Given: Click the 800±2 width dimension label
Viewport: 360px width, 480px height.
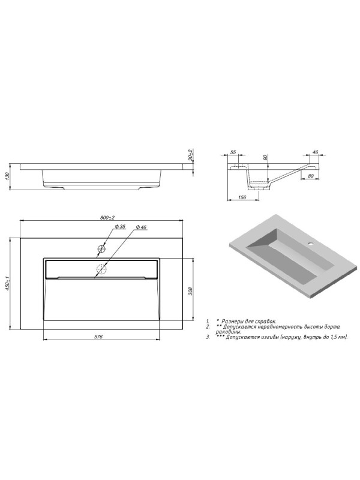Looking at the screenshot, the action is [x=107, y=218].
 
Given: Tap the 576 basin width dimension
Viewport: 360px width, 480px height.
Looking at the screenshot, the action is [x=98, y=337].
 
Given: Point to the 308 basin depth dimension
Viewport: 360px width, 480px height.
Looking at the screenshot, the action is [x=190, y=291].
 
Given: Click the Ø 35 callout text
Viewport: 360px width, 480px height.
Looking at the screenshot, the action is [x=121, y=227].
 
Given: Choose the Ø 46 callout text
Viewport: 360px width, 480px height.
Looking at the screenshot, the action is [x=141, y=227].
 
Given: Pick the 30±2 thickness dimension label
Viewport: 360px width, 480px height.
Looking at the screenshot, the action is [x=190, y=155].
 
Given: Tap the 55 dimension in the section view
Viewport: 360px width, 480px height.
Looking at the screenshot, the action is [x=233, y=152].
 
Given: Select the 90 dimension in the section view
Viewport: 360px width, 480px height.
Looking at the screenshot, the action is [x=265, y=157].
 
